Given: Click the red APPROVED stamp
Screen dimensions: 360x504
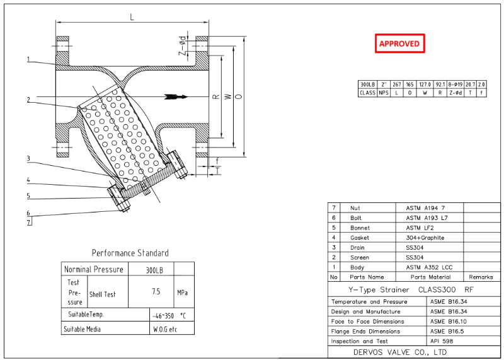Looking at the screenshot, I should coord(399,44).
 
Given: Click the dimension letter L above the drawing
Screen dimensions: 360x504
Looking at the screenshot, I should coord(132,17).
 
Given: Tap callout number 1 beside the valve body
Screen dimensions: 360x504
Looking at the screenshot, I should coord(28,60).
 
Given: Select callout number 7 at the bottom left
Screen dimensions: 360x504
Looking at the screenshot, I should coord(28,223).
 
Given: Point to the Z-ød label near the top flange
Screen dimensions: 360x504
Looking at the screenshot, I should coord(182,47).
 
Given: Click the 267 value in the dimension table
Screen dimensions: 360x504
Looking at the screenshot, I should coord(396,84).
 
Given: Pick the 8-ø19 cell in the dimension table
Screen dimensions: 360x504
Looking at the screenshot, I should coord(455,84).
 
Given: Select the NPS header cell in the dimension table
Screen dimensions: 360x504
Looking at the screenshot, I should coord(383,93).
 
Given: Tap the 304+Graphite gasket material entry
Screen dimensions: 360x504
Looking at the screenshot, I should coord(425,238).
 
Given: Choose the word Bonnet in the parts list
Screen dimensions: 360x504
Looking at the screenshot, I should coord(360,228).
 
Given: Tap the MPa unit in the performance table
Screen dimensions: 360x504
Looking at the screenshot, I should coord(182,293).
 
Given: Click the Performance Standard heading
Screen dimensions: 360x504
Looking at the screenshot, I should coord(130,253).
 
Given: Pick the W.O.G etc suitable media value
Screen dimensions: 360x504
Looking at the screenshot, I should coord(165,329).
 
